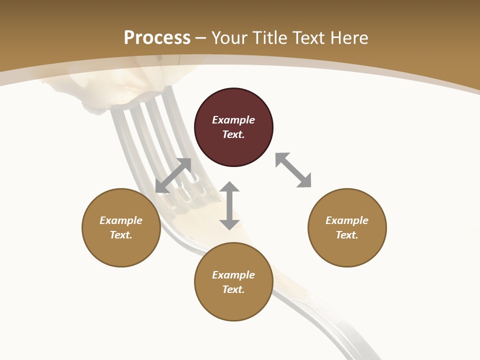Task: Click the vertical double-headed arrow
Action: click(229, 205)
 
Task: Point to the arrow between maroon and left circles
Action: click(173, 175)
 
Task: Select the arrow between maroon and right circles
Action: click(293, 170)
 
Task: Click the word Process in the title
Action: click(157, 38)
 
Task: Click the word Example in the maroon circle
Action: click(233, 120)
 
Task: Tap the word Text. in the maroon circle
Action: click(233, 134)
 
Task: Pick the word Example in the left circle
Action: click(121, 220)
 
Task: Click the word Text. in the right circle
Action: click(347, 235)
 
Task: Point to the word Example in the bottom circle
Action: click(233, 275)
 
